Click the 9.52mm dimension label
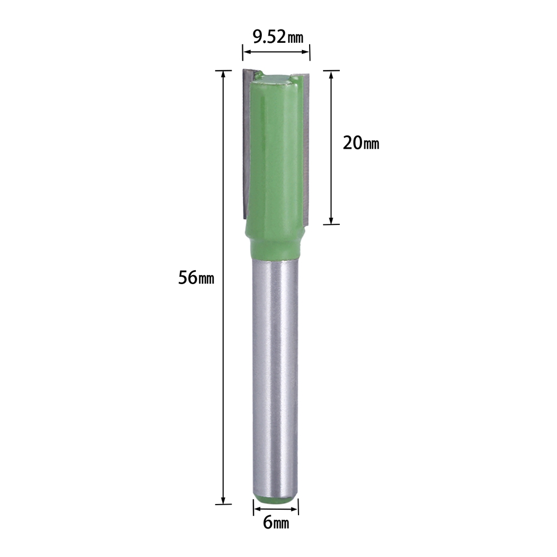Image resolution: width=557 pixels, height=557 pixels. [278, 37]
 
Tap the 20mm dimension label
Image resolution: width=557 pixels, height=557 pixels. [361, 143]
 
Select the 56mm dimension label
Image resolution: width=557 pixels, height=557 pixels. [196, 278]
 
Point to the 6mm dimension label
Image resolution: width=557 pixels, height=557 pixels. [276, 522]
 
